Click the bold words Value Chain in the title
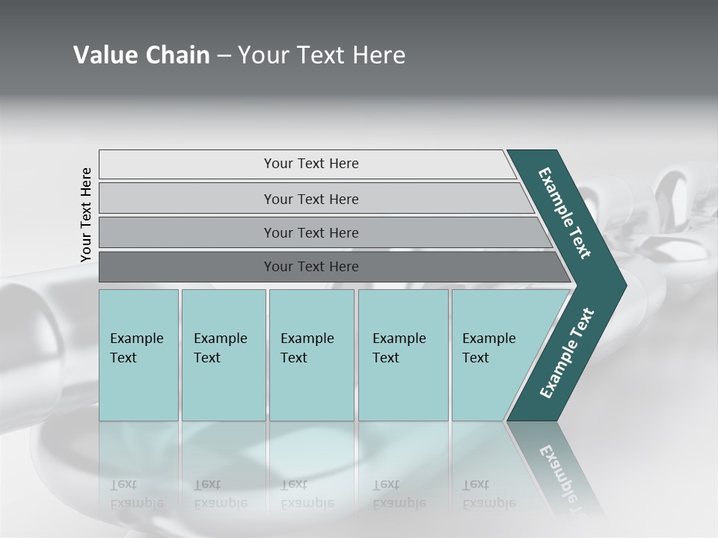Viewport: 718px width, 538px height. (x=141, y=55)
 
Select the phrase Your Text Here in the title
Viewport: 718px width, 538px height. (x=322, y=55)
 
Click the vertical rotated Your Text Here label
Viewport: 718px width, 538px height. (x=86, y=214)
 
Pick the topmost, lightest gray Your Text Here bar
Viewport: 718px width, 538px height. (x=310, y=164)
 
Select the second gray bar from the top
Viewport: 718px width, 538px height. (x=310, y=199)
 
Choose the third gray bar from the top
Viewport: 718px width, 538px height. (x=310, y=232)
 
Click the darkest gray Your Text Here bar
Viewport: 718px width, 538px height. (x=310, y=267)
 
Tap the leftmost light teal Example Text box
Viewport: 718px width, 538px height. (x=138, y=355)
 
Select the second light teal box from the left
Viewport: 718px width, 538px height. (x=223, y=355)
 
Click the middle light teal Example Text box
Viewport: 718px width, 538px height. (x=311, y=355)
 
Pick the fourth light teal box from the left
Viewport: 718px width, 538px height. (x=402, y=355)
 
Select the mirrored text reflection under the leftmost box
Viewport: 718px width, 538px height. (x=136, y=494)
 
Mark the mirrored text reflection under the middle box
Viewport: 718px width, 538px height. (x=307, y=494)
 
